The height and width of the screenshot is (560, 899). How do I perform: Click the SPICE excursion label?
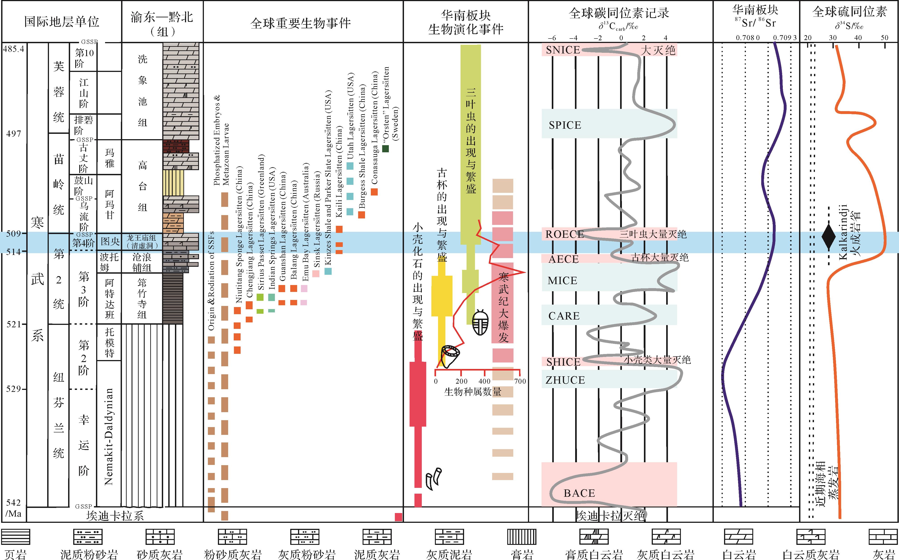pos(565,125)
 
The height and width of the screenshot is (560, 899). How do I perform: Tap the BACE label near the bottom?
pos(579,493)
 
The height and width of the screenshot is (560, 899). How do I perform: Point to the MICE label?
pos(562,281)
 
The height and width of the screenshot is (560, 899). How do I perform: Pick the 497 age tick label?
pos(14,134)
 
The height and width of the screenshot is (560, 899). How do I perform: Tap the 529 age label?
pos(13,389)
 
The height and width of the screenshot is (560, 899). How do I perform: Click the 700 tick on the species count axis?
pos(520,381)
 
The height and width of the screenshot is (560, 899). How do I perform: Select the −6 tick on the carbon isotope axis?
pos(552,38)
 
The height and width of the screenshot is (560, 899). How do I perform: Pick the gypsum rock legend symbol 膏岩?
pos(522,537)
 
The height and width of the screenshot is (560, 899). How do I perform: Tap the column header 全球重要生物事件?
pos(300,23)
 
